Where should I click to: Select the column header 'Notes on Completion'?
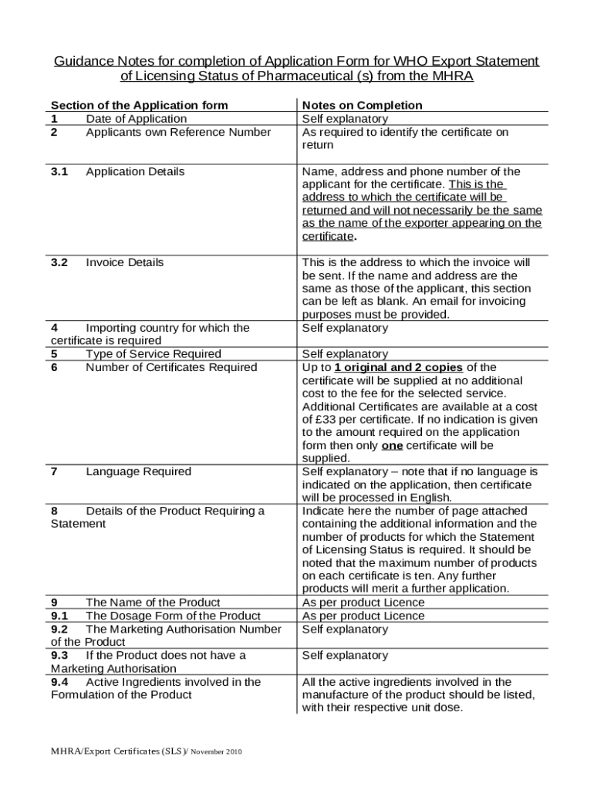(363, 105)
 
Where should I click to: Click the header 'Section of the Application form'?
(139, 105)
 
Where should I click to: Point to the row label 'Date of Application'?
(136, 119)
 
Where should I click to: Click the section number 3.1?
(59, 171)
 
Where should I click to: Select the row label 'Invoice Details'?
(125, 262)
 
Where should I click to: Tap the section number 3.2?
(59, 262)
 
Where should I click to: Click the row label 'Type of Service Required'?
(154, 354)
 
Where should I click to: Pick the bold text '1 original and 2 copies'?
(399, 367)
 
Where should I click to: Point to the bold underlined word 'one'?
(393, 446)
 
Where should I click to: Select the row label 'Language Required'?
(139, 471)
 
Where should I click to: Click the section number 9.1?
(59, 616)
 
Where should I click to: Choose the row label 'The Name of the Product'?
(153, 603)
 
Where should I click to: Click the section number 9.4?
(59, 682)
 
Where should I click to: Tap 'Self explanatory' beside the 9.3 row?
(345, 656)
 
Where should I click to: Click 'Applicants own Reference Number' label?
(178, 132)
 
